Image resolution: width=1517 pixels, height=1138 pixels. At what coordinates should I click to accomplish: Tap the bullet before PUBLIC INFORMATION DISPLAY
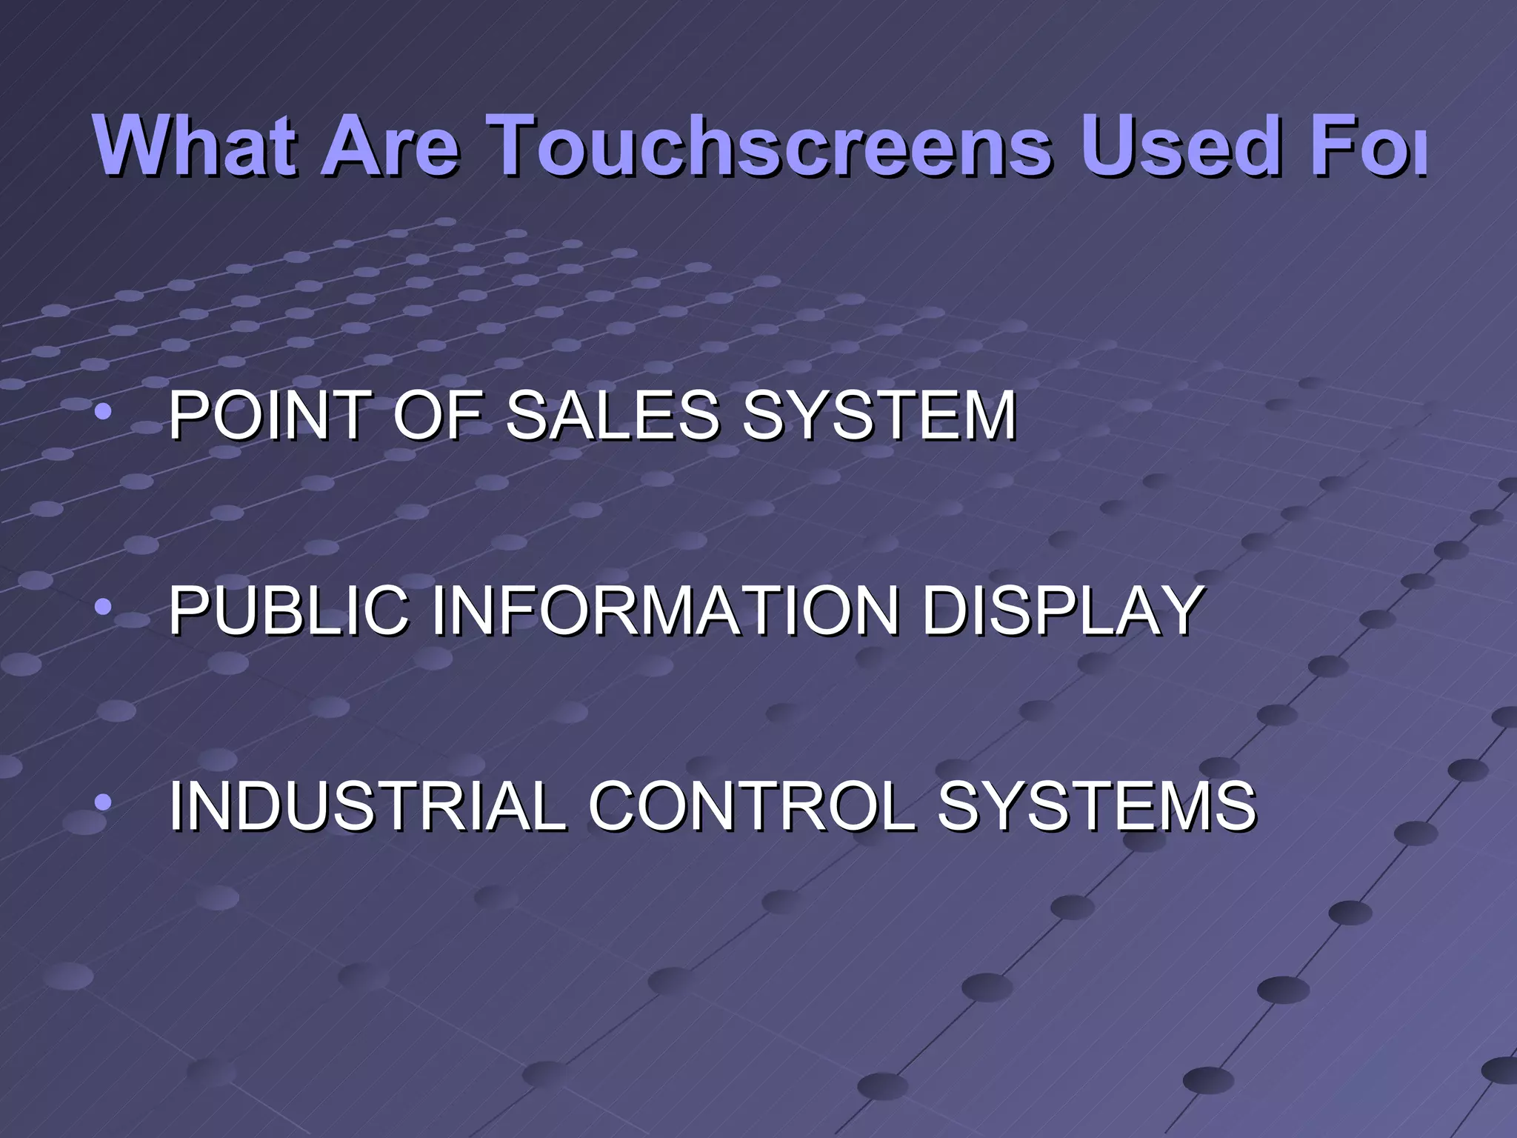[103, 608]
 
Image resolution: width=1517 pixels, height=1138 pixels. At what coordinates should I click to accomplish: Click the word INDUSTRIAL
[367, 805]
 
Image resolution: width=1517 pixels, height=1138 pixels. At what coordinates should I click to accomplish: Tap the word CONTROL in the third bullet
[751, 805]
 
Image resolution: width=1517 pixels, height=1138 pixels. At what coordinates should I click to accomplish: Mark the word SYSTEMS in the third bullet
[1097, 805]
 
